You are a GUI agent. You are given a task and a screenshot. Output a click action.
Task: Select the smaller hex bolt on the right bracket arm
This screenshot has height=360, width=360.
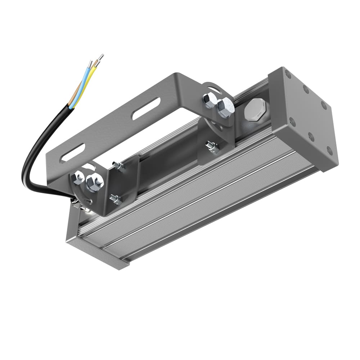pyautogui.click(x=209, y=100)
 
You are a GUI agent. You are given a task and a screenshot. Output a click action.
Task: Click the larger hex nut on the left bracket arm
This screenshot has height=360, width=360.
pyautogui.click(x=95, y=183)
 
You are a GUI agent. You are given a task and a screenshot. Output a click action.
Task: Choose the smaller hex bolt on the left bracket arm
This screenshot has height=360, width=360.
pyautogui.click(x=78, y=177)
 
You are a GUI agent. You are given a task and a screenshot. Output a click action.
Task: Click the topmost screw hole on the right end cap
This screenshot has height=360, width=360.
pyautogui.click(x=288, y=75)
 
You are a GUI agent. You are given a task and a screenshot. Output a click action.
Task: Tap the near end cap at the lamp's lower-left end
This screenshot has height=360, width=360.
pyautogui.click(x=97, y=254)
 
